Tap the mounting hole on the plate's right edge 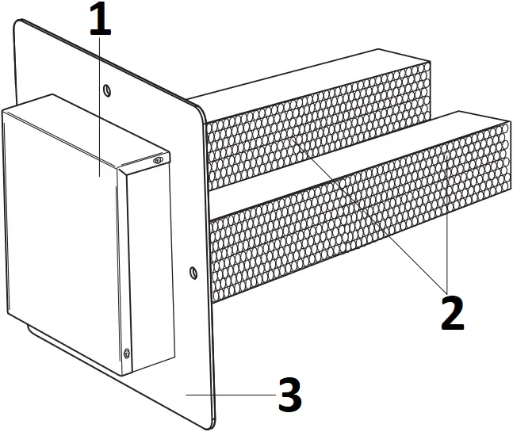click(193, 273)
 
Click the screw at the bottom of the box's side click(126, 354)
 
